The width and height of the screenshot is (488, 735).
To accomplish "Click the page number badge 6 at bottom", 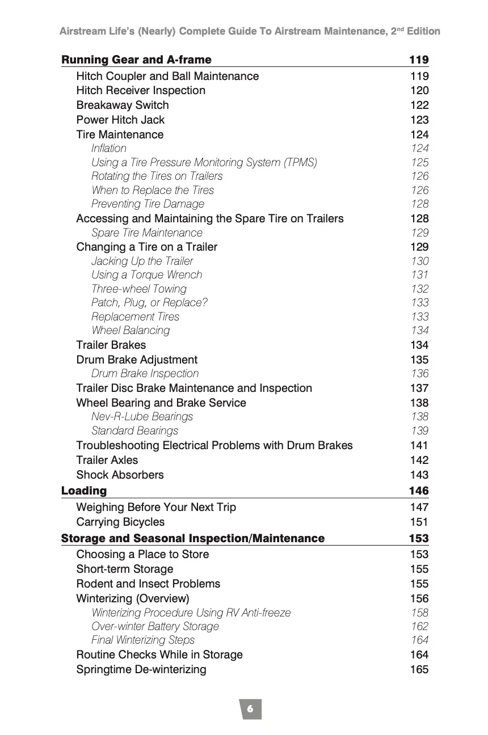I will click(x=250, y=709).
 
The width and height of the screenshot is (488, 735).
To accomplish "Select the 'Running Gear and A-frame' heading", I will click(x=136, y=60).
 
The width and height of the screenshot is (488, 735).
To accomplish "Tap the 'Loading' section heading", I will click(x=84, y=491).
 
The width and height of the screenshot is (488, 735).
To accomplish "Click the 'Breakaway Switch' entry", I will click(x=123, y=105).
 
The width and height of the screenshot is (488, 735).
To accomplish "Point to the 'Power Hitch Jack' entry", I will click(x=120, y=120).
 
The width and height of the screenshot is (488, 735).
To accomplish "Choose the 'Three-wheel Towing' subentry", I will click(x=139, y=289).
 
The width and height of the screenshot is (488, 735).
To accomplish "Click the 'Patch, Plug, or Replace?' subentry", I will click(x=149, y=303).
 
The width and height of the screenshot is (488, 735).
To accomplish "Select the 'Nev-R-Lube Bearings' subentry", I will click(x=142, y=417).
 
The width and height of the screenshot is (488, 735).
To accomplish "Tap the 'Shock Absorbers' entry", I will click(x=120, y=475).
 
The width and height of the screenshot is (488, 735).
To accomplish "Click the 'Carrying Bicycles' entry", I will click(x=120, y=522).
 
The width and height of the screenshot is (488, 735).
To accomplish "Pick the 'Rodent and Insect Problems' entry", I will click(x=148, y=584).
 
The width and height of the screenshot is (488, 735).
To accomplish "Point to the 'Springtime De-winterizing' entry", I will click(x=141, y=670).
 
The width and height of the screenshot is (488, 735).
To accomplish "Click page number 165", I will click(x=419, y=670).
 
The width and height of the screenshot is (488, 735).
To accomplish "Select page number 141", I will click(x=419, y=446).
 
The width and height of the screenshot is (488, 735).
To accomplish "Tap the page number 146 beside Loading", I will click(x=419, y=491).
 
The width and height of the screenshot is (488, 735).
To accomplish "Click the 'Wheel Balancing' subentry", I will click(x=131, y=331).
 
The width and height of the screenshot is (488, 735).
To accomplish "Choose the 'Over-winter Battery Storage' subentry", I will click(x=155, y=627).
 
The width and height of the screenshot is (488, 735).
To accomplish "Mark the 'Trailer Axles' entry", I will click(x=107, y=461).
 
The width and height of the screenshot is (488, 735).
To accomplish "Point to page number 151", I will click(x=419, y=522).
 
